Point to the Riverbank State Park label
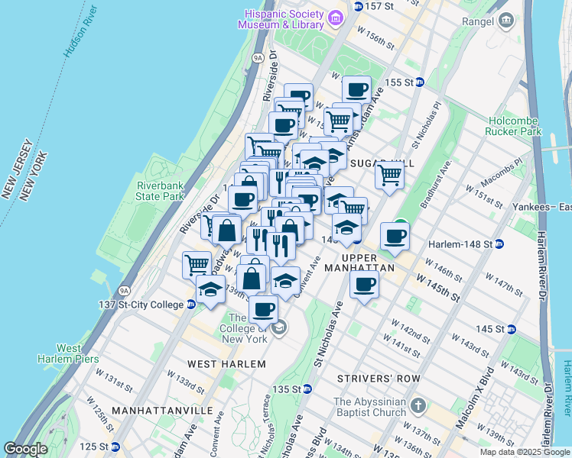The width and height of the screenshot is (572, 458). (161, 191)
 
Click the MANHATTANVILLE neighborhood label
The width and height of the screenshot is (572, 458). (161, 411)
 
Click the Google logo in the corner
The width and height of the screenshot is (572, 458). (25, 449)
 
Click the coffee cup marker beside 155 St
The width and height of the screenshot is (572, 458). (356, 90)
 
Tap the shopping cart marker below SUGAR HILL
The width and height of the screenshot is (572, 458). (390, 175)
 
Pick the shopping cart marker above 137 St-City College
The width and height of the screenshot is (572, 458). (197, 264)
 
